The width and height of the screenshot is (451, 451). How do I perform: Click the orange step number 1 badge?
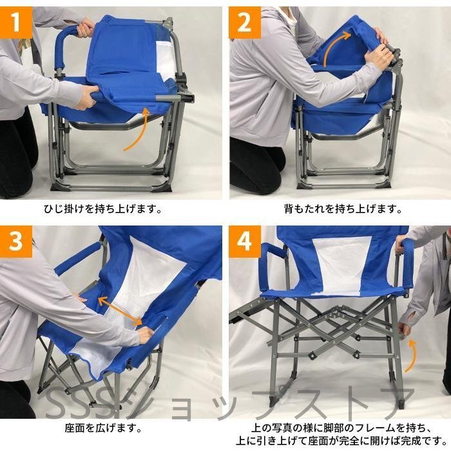(x=16, y=23)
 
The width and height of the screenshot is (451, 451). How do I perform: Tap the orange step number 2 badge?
(x=245, y=23)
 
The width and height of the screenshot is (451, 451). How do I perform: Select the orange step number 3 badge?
(x=16, y=242)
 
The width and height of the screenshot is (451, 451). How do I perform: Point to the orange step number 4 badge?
(x=245, y=242)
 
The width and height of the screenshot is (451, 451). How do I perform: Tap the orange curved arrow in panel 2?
(x=330, y=46)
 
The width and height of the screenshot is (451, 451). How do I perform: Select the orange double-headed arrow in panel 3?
(x=120, y=311)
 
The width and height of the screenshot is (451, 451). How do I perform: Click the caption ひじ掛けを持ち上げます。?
(x=103, y=209)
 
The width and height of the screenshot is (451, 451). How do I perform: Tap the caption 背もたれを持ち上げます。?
(x=343, y=209)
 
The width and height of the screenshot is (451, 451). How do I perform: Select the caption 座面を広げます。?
(x=103, y=428)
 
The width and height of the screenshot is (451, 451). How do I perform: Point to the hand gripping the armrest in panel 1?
(x=86, y=27)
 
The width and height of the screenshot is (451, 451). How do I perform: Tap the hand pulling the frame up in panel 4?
(x=404, y=328)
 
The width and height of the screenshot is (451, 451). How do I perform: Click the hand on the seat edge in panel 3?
(x=146, y=334)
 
